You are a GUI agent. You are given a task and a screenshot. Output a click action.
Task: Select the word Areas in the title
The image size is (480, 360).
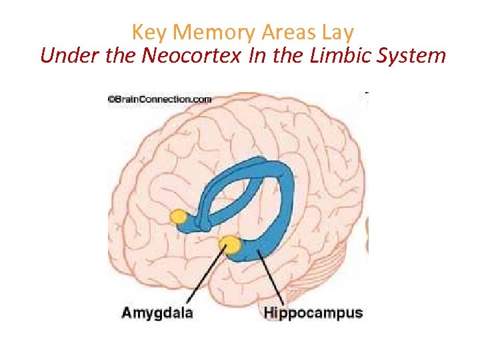(x=281, y=32)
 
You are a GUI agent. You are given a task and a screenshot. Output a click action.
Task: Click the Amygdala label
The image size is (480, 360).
(x=157, y=312)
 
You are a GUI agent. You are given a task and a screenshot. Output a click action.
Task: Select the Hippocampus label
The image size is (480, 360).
(x=313, y=312)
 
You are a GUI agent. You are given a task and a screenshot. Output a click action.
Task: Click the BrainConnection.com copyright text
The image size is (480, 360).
(x=160, y=99)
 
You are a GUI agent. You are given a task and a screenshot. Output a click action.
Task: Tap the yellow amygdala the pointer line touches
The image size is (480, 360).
(x=231, y=245)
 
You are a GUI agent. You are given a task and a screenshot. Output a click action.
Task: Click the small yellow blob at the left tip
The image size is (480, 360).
(x=179, y=216)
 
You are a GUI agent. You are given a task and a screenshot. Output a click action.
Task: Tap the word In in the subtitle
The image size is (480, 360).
(x=257, y=55)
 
